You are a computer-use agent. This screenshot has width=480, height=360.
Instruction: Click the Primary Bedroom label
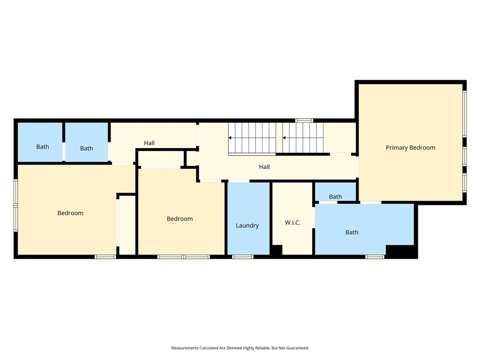point(410,148)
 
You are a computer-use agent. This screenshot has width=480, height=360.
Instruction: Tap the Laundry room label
point(247,225)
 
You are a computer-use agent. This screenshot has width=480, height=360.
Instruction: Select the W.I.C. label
point(292,223)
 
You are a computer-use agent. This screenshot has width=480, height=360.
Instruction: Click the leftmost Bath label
point(43,147)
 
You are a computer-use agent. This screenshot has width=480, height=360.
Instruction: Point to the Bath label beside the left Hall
point(86,148)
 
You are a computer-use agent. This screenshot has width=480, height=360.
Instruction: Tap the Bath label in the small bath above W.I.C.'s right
point(335,196)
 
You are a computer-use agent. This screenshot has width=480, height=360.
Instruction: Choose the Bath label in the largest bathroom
point(352,232)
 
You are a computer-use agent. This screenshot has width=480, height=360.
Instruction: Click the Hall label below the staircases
point(264,167)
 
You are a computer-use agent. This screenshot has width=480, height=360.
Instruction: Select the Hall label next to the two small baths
point(149,143)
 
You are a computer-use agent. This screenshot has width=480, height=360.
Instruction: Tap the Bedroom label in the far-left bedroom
point(70,213)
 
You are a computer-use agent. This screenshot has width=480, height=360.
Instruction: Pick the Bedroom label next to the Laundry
point(180,219)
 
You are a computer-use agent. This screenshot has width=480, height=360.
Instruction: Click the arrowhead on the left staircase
point(230,138)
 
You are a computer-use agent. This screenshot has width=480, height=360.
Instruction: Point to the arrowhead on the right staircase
point(284,138)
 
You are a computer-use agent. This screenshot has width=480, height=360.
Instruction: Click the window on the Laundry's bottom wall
point(242,256)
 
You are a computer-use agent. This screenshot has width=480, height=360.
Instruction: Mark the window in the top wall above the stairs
point(304,120)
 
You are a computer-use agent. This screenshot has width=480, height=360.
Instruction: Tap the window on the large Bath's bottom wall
point(375,256)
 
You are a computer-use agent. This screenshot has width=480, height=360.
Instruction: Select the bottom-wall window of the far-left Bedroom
point(105,256)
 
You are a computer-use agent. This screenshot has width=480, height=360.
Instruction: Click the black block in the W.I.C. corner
point(277,250)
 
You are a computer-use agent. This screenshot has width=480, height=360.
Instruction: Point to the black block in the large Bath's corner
point(400,250)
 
